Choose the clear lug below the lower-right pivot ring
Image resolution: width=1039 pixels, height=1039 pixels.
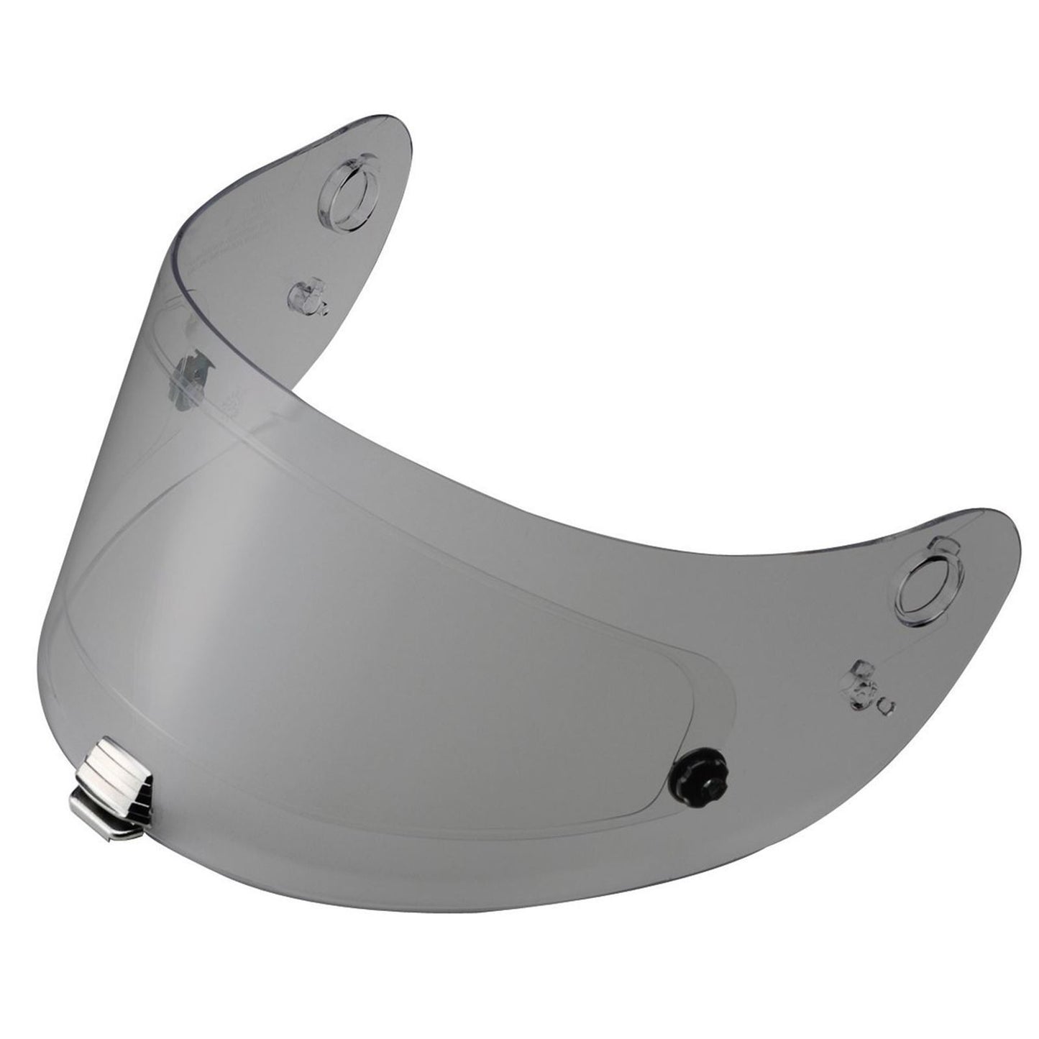click(865, 677)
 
